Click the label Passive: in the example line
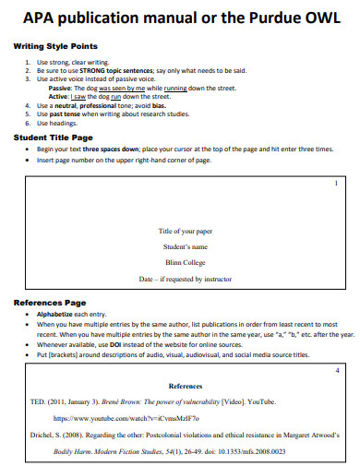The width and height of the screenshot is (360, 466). click(61, 87)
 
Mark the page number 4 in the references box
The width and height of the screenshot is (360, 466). click(337, 370)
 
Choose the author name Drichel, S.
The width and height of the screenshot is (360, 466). click(46, 435)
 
